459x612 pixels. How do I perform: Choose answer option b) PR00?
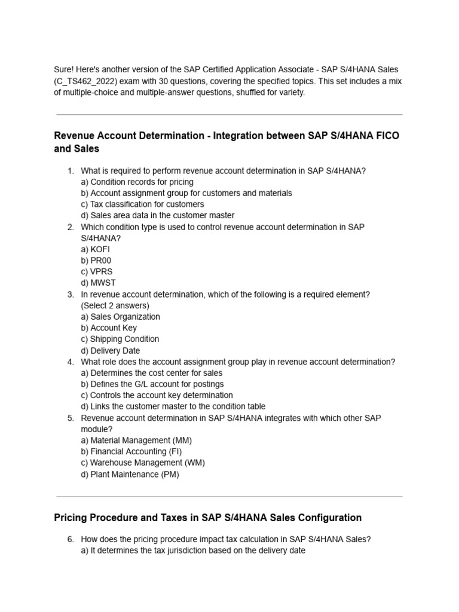96,261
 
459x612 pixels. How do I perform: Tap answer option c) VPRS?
97,271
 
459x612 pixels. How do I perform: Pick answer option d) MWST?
99,283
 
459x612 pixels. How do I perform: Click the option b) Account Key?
109,328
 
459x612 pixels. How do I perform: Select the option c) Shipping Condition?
120,339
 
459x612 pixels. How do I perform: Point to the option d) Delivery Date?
111,351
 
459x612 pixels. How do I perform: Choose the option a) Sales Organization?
120,317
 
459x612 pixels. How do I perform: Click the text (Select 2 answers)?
115,305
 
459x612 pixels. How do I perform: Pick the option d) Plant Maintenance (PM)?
130,475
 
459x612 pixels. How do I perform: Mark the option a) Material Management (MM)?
136,440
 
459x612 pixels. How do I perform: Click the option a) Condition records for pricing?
137,182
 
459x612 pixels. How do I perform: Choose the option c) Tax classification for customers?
142,204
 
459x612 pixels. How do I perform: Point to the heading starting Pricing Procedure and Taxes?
207,518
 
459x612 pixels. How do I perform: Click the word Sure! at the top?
64,71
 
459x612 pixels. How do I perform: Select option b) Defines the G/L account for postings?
152,384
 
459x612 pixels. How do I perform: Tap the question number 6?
71,539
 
